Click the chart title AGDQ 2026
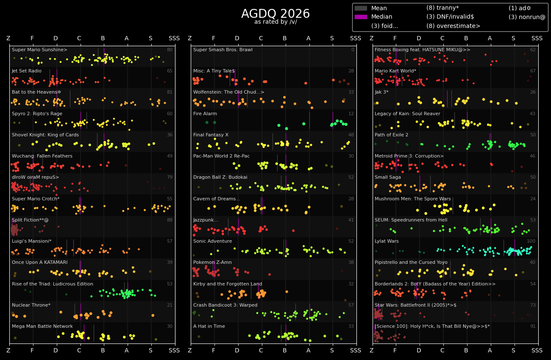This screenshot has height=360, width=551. (x=275, y=14)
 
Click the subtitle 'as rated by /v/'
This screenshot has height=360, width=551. (x=275, y=22)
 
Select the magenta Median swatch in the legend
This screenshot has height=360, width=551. (x=361, y=17)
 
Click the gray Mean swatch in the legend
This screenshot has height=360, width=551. (x=361, y=8)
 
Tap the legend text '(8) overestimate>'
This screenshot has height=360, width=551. (x=453, y=26)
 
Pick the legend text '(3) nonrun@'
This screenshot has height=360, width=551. (x=527, y=17)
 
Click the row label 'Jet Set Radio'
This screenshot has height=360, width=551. (x=27, y=71)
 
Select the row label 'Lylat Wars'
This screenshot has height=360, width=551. (x=387, y=241)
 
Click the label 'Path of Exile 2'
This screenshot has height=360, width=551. (x=391, y=135)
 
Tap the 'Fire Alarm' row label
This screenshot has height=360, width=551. (x=205, y=114)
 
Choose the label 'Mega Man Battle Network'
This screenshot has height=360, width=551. (x=42, y=327)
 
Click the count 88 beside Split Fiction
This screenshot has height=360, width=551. (x=170, y=220)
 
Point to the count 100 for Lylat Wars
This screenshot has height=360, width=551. (x=531, y=241)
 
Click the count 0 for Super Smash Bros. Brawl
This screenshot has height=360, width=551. (x=352, y=50)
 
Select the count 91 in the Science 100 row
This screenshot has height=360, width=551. (x=533, y=327)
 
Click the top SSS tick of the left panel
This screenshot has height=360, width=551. (x=174, y=39)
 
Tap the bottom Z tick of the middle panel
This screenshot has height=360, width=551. (x=190, y=351)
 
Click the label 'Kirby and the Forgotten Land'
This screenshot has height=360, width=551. (x=228, y=284)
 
